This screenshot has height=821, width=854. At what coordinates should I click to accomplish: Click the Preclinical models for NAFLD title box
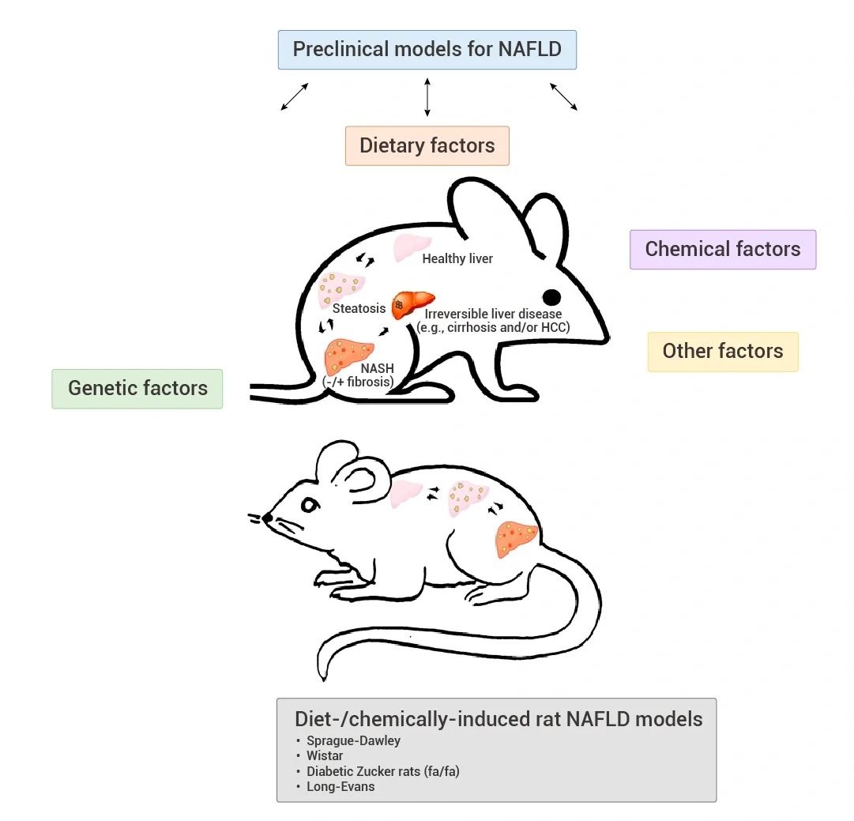427,50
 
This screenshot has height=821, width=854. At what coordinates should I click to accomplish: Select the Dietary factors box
427,146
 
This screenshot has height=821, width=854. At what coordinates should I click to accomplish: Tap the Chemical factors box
722,250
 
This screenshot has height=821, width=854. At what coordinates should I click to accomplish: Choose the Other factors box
722,352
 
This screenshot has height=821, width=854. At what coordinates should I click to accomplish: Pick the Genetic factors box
137,389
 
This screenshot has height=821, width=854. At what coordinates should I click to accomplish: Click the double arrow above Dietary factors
427,97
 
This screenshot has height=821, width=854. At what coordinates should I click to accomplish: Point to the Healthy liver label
457,258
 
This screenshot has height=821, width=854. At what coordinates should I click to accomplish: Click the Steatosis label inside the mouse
359,308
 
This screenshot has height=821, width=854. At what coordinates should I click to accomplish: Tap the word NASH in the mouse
377,369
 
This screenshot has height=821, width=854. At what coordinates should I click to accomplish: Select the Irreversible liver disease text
493,314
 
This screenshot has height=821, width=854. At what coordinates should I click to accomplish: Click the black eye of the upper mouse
551,297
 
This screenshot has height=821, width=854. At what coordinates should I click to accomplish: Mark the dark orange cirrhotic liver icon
412,304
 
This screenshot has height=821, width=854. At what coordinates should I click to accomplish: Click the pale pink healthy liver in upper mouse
412,247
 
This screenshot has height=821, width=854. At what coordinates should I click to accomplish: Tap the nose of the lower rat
268,518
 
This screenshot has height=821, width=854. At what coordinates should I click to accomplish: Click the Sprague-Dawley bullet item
353,741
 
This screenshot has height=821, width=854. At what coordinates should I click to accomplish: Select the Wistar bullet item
325,756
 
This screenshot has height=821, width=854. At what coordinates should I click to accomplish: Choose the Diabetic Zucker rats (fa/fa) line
382,771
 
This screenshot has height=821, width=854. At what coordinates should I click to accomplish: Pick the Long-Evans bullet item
340,786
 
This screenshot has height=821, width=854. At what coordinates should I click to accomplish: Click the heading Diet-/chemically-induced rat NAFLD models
498,719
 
